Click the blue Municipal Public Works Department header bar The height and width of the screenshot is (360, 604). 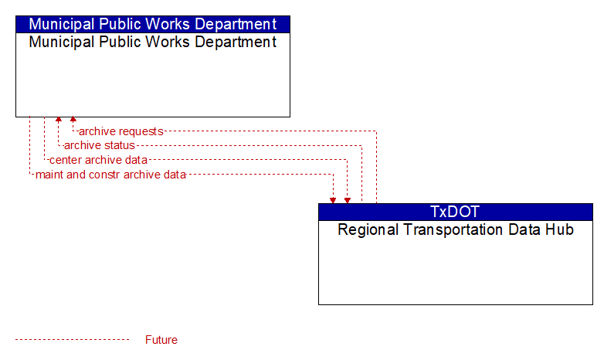pos(153,24)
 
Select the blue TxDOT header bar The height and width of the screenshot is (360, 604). pos(456,212)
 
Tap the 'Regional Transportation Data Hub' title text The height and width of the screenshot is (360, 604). pos(456,229)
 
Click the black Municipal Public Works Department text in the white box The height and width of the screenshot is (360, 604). pos(153,42)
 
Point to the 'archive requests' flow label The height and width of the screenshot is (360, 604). pos(121,131)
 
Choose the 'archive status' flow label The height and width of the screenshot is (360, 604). pos(100,145)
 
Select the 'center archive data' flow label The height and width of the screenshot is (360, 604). pos(98,160)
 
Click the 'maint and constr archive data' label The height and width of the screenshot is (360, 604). pos(110,175)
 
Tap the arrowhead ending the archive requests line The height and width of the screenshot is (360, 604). pos(73,119)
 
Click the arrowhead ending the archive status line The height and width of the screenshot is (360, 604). pos(58,119)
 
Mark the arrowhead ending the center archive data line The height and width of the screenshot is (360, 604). pos(348,200)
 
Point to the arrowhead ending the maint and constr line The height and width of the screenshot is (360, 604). pos(333,200)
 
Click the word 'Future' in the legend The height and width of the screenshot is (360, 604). pos(161,340)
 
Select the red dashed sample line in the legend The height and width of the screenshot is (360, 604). pos(73,340)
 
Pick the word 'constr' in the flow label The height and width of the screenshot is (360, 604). pos(104,175)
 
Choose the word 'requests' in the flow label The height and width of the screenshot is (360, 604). pos(142,132)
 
